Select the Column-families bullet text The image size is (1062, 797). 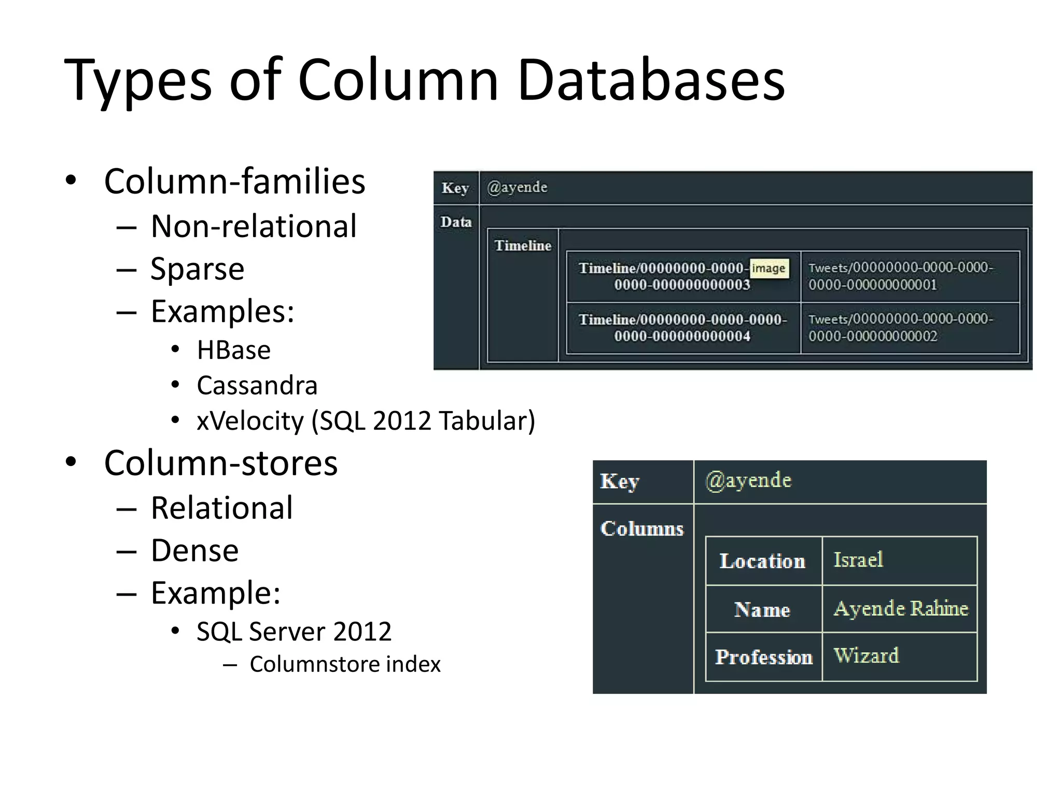234,182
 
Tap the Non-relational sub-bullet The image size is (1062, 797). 254,226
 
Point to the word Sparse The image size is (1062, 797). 197,269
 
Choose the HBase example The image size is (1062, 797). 233,350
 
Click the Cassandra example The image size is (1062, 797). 257,386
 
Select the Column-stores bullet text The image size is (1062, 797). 221,463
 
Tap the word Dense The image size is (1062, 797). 194,551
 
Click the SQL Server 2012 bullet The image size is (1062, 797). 294,631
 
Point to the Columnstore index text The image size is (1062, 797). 345,664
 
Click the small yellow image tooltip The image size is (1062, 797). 769,268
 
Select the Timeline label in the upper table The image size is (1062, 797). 522,245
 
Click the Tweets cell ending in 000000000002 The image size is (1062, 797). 901,327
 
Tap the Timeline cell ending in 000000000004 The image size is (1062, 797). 682,327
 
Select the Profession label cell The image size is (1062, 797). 764,657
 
